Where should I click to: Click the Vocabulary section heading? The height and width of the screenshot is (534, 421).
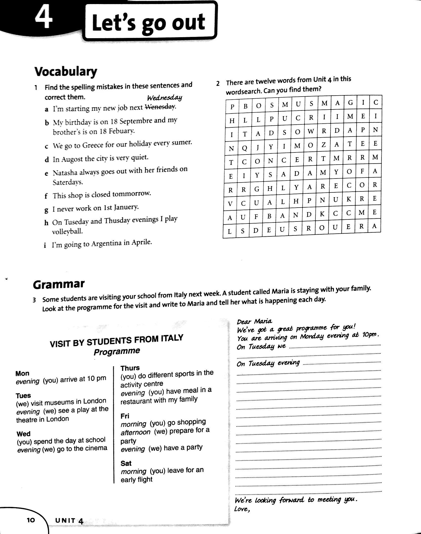pos(66,72)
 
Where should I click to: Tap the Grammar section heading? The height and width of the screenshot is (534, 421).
pos(59,284)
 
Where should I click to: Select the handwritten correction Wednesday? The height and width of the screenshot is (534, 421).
pos(164,98)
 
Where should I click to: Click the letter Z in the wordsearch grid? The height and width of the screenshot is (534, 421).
pos(324,145)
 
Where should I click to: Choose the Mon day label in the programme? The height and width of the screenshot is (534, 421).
pos(22,373)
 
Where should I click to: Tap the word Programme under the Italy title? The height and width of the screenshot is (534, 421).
pos(117,351)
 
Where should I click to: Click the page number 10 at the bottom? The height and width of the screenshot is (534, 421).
pos(31,520)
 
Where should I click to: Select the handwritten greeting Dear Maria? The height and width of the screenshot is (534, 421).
pos(254,321)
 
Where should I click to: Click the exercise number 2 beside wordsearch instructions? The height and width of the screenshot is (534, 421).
pos(218,83)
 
